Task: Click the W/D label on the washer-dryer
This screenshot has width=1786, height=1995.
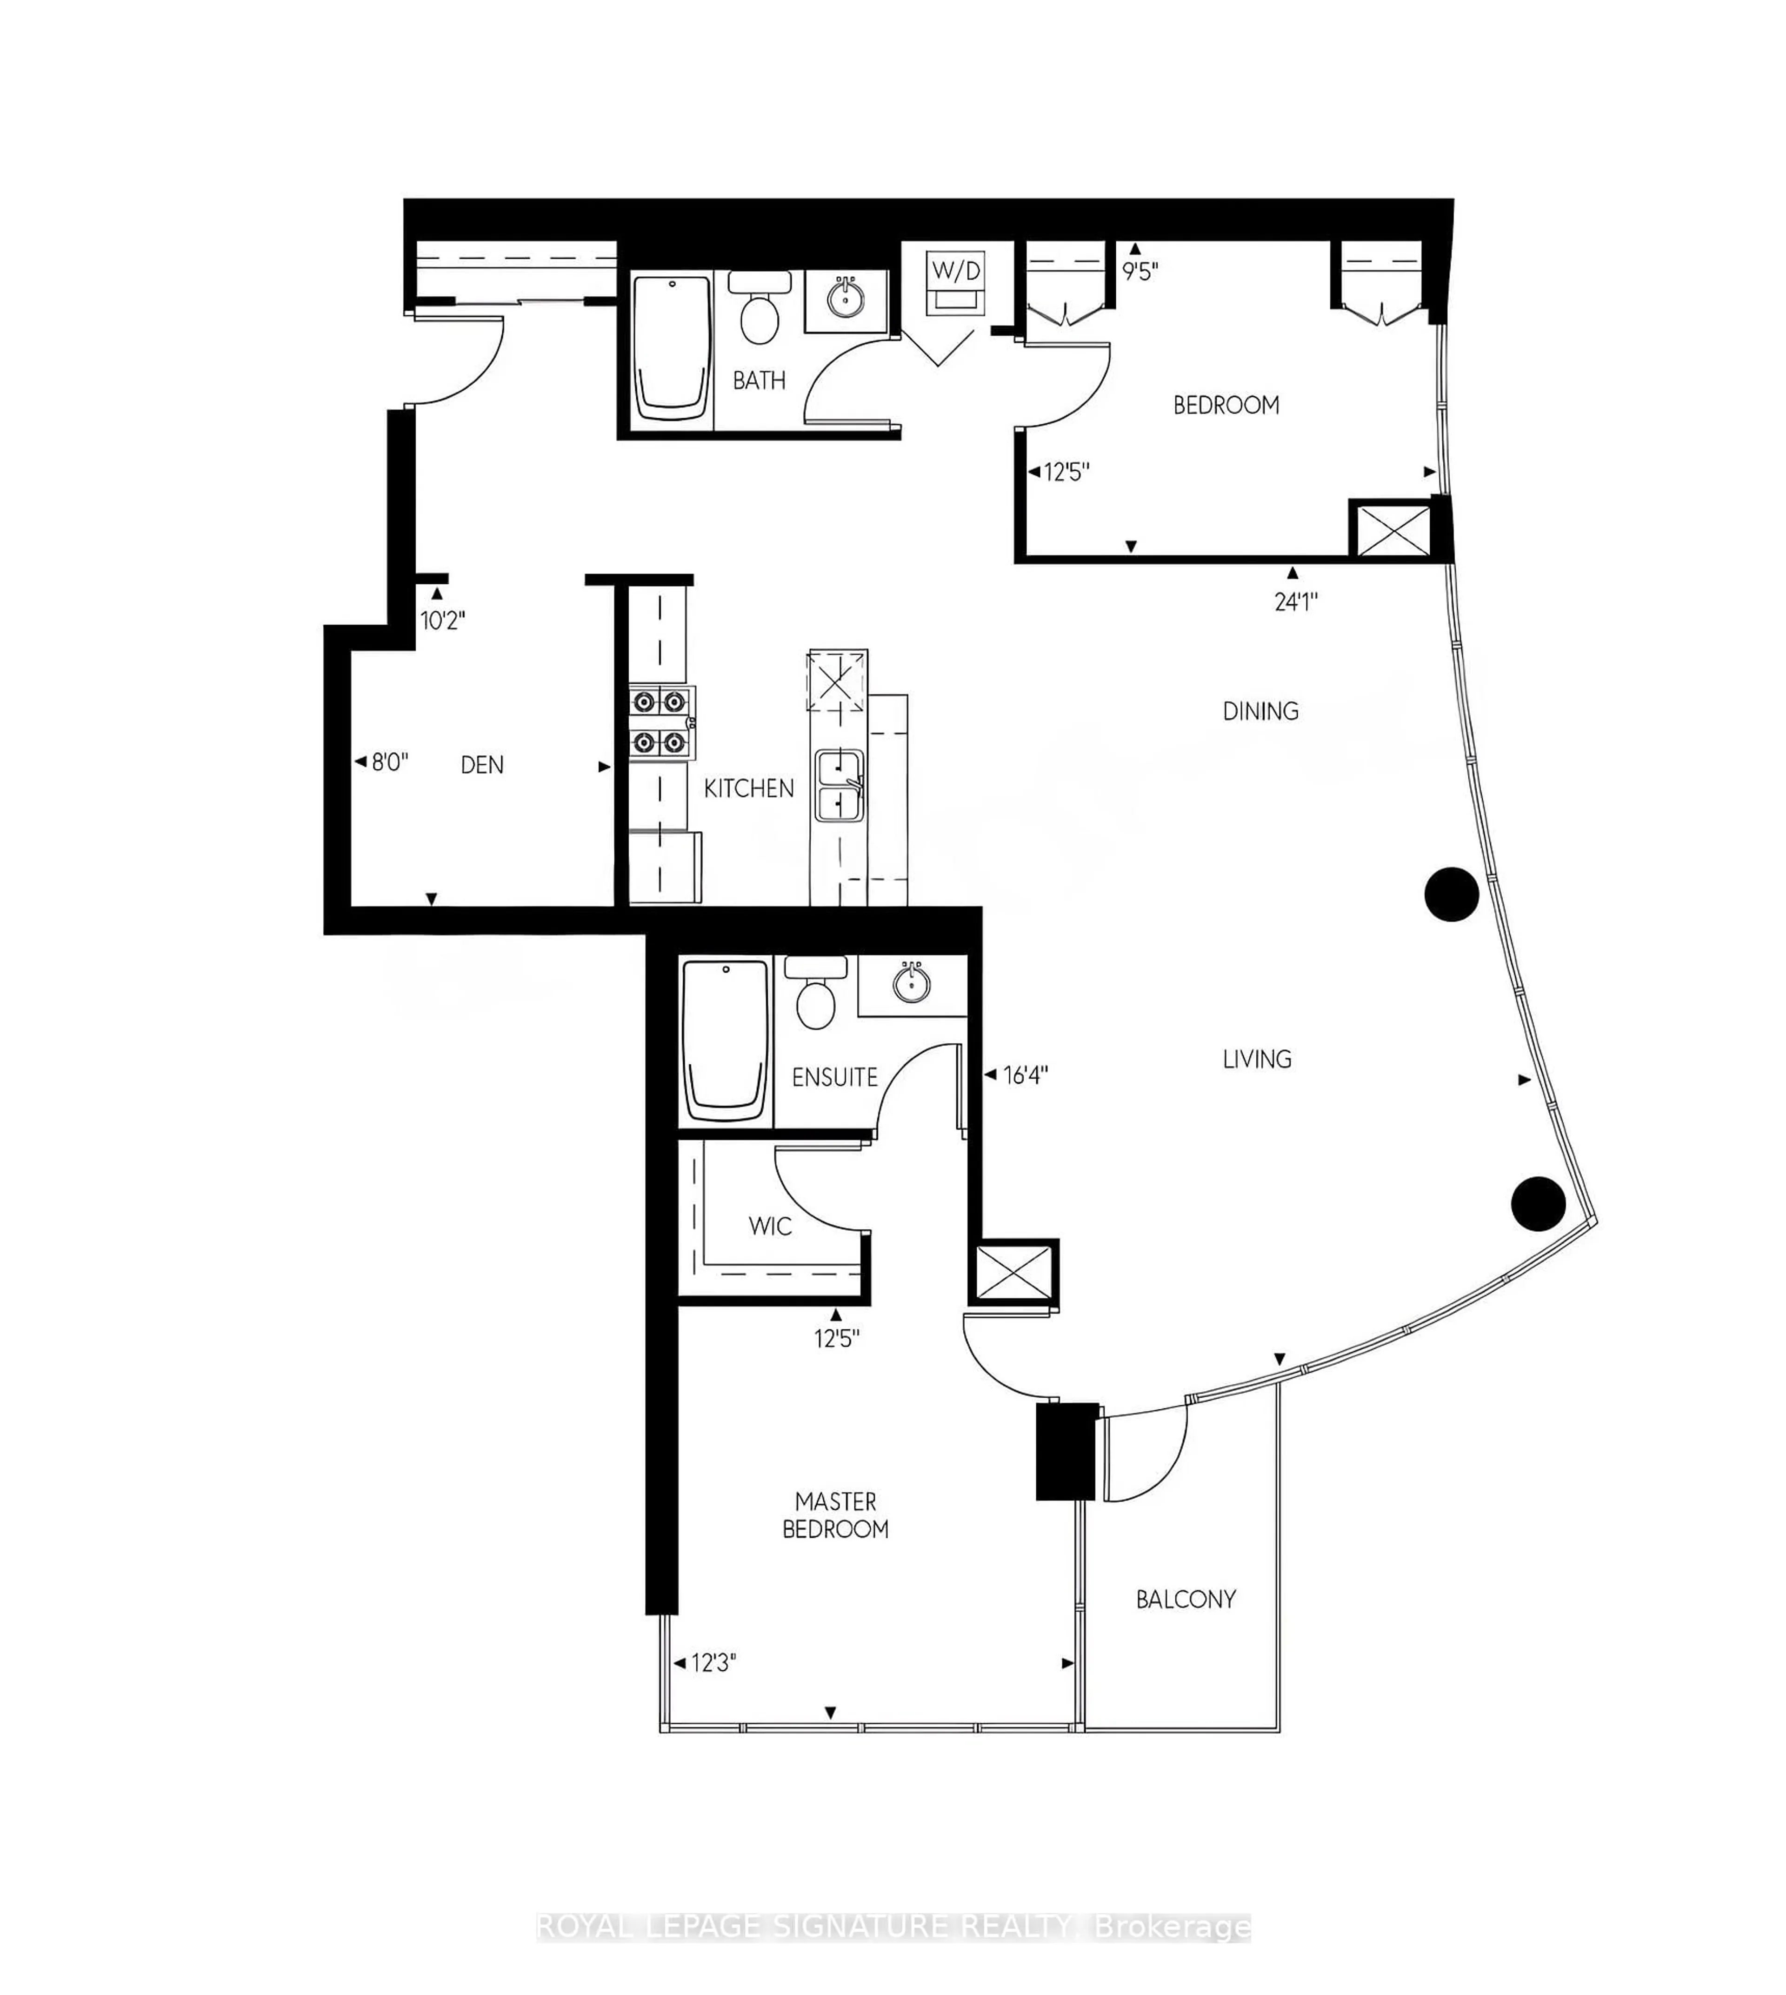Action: click(x=956, y=271)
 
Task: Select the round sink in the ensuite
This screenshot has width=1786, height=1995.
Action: click(x=913, y=983)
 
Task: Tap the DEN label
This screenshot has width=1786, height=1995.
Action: click(x=482, y=764)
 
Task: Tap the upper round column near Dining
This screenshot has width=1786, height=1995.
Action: click(x=1452, y=894)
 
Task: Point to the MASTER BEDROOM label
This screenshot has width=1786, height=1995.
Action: click(x=835, y=1515)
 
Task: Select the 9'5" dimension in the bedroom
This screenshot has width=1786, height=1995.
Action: click(x=1140, y=272)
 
